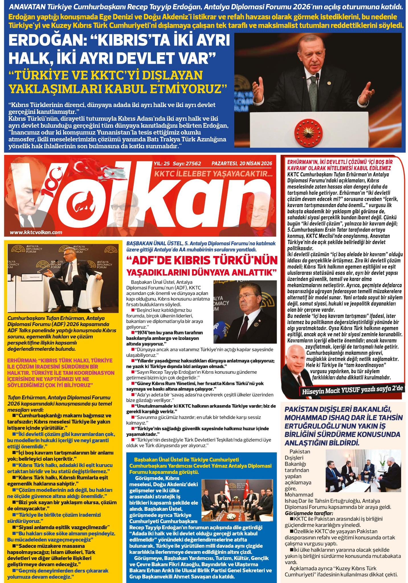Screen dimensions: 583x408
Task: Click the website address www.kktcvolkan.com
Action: pos(36,232)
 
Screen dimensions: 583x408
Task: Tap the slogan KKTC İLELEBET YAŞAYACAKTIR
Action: pos(213,174)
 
